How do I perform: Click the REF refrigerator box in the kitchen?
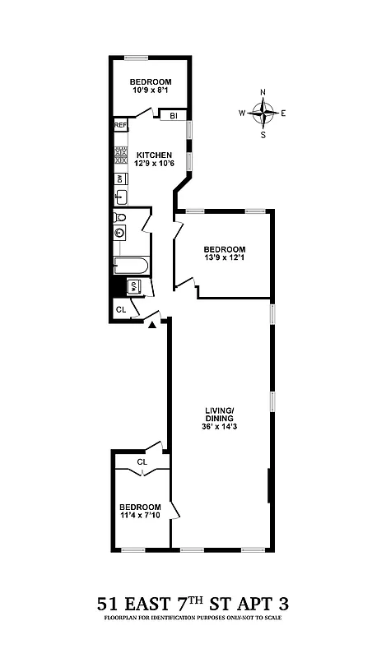pyautogui.click(x=120, y=125)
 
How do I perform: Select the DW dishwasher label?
pyautogui.click(x=120, y=178)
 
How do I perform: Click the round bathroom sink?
pyautogui.click(x=120, y=233)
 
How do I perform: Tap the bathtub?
pyautogui.click(x=131, y=266)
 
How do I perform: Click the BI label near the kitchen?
pyautogui.click(x=174, y=116)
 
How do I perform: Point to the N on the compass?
pyautogui.click(x=263, y=92)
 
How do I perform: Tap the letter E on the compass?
pyautogui.click(x=283, y=113)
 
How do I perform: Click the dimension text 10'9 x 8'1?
pyautogui.click(x=150, y=91)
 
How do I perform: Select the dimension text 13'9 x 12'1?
pyautogui.click(x=225, y=259)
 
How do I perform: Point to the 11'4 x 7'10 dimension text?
pyautogui.click(x=139, y=516)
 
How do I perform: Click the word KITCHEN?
pyautogui.click(x=154, y=155)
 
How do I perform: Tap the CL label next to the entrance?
pyautogui.click(x=120, y=309)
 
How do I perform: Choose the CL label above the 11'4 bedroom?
pyautogui.click(x=142, y=462)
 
